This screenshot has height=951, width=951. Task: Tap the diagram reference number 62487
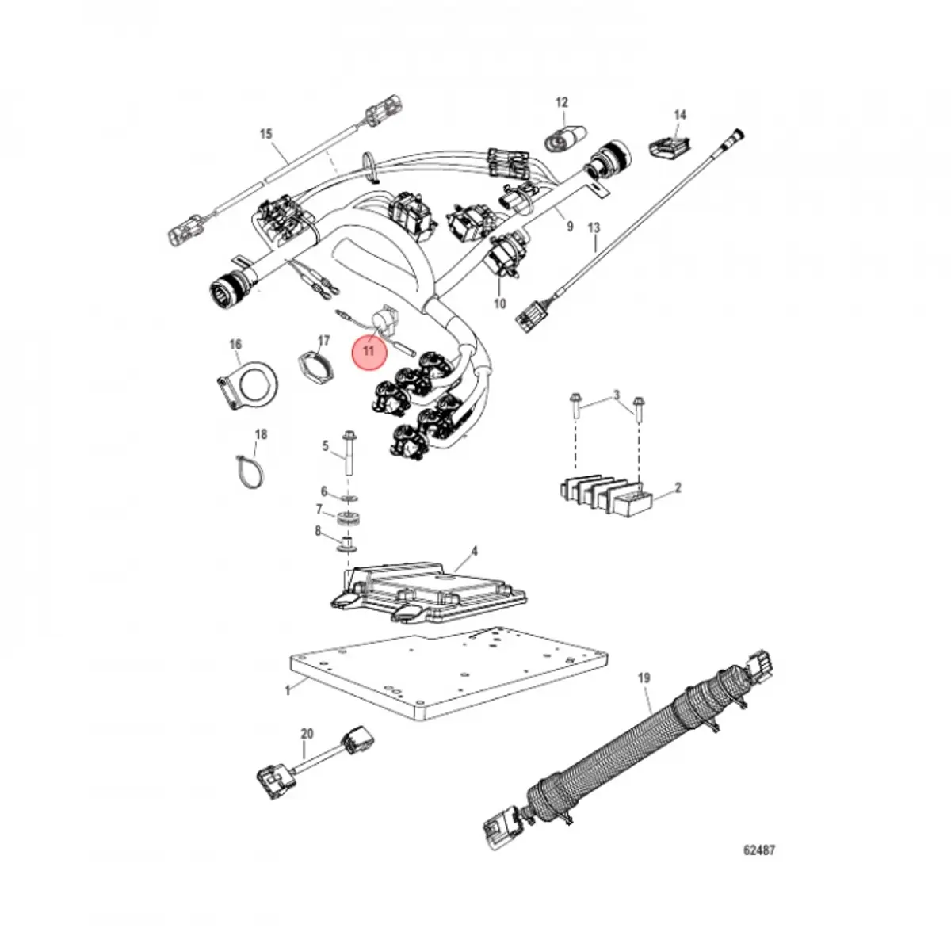click(x=758, y=850)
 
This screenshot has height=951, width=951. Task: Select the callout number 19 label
click(x=644, y=678)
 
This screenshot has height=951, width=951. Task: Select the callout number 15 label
click(x=265, y=134)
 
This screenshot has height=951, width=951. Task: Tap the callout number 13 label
click(x=594, y=228)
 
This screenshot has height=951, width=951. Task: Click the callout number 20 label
click(x=307, y=734)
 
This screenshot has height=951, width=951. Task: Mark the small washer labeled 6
click(x=347, y=498)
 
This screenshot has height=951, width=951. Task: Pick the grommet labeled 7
click(x=346, y=521)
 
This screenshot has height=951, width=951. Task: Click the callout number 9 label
click(x=569, y=227)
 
